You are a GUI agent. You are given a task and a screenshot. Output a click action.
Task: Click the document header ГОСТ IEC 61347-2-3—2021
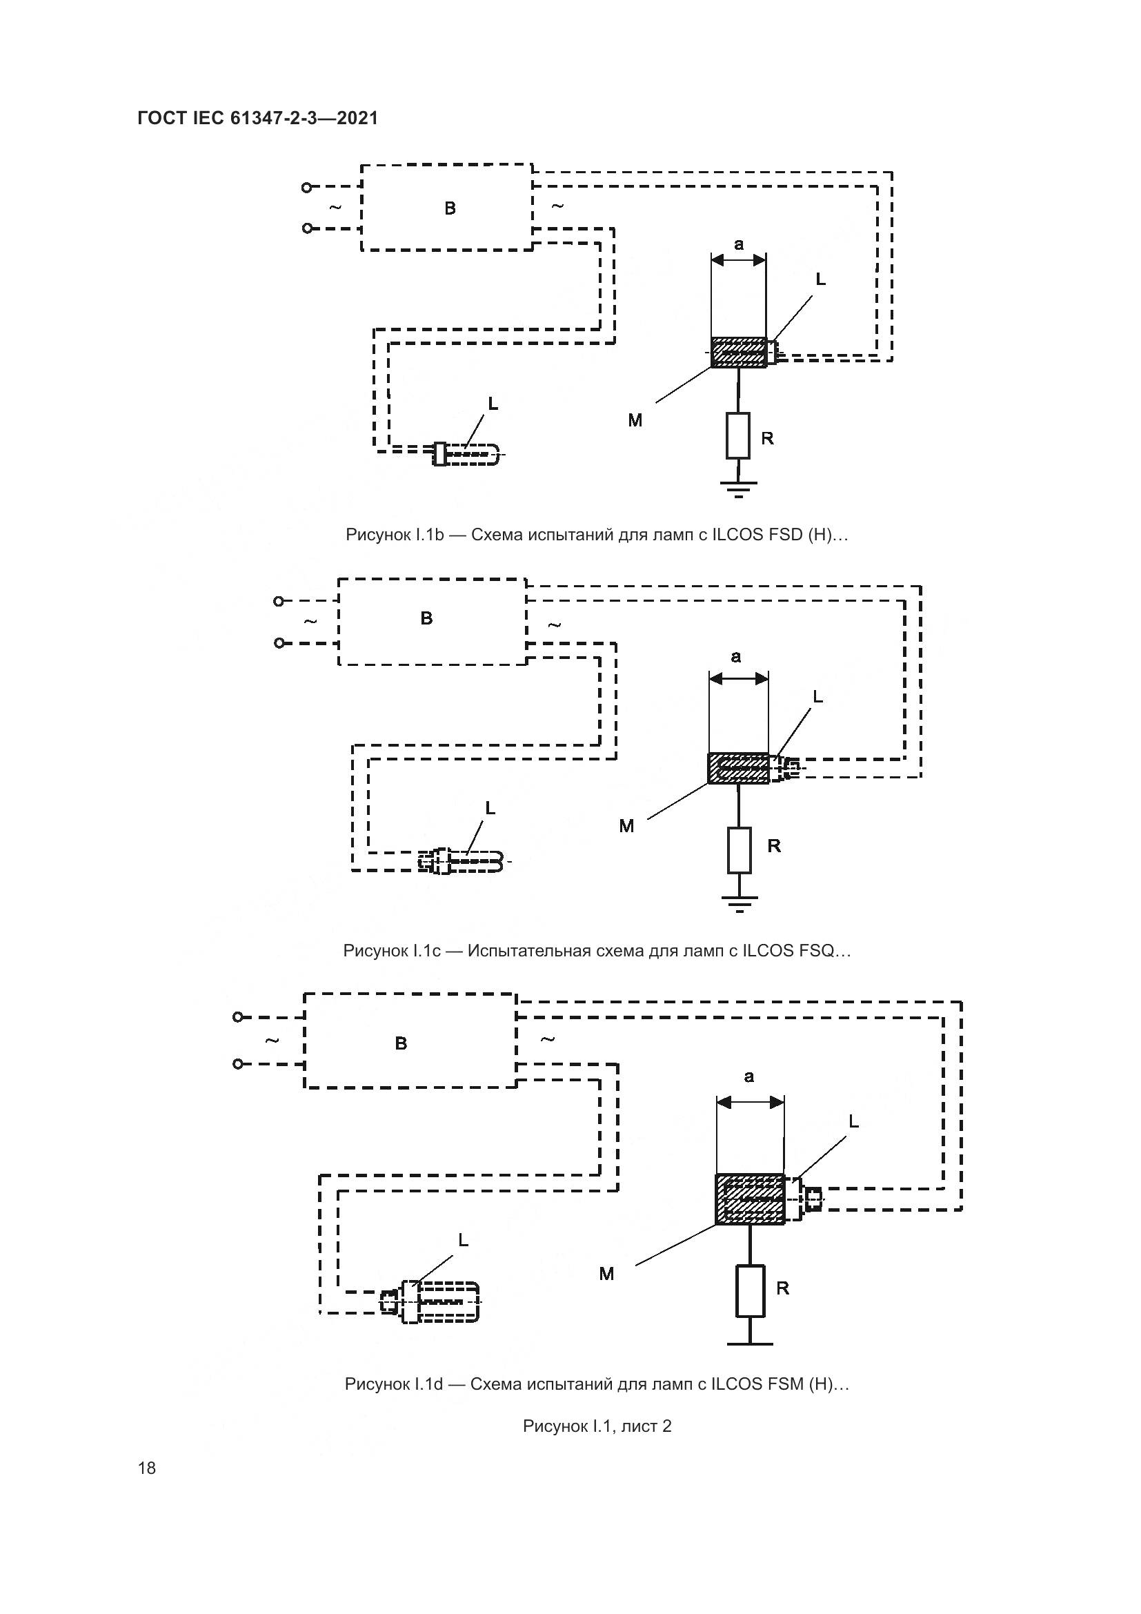[x=257, y=118]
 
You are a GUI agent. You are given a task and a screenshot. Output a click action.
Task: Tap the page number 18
[x=147, y=1468]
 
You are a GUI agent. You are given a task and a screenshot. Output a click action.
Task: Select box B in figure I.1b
[x=447, y=208]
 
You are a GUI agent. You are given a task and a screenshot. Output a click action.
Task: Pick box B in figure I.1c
[x=431, y=621]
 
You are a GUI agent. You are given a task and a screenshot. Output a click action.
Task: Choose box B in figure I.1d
[x=410, y=1041]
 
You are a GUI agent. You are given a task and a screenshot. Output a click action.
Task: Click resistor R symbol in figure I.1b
[x=737, y=436]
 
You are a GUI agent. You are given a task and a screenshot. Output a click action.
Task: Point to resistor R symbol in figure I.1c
[x=739, y=850]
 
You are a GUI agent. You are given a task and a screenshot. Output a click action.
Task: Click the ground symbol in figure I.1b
[x=737, y=488]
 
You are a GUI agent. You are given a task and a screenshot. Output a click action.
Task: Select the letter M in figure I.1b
[x=635, y=420]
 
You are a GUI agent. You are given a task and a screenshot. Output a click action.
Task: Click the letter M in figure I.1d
[x=607, y=1274]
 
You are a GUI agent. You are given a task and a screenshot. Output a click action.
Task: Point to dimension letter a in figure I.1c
[x=735, y=656]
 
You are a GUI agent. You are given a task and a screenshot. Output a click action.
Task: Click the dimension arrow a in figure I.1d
[x=750, y=1102]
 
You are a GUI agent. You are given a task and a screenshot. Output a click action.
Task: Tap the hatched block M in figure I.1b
[x=738, y=352]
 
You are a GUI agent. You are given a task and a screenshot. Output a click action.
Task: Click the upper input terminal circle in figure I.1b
[x=306, y=188]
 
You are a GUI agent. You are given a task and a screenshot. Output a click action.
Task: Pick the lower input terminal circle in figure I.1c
[x=279, y=643]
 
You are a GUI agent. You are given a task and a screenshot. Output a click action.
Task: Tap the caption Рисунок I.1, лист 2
[x=597, y=1426]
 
